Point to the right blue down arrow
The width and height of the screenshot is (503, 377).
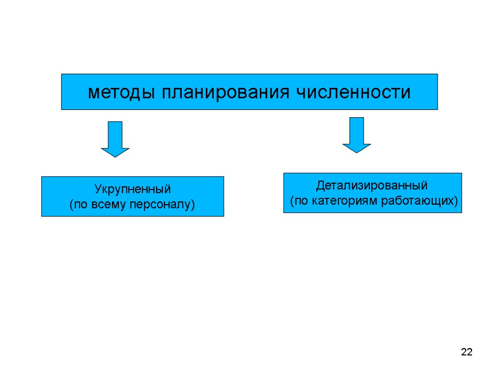(x=357, y=135)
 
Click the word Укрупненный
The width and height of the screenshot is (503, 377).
(x=132, y=189)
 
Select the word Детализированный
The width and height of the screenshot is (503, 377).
(x=372, y=186)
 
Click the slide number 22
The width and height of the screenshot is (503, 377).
(x=467, y=352)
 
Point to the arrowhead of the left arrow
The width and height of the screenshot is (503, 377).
(x=115, y=152)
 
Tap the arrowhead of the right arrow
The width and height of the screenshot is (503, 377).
(x=357, y=148)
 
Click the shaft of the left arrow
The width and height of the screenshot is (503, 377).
(x=115, y=134)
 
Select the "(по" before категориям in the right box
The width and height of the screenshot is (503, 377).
(x=299, y=201)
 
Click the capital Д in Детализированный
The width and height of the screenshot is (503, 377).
(x=320, y=186)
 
